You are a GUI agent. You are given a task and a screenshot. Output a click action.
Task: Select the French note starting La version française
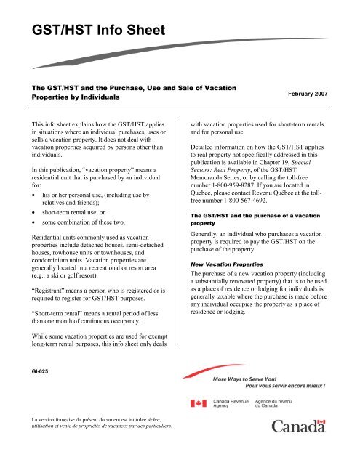92,442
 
